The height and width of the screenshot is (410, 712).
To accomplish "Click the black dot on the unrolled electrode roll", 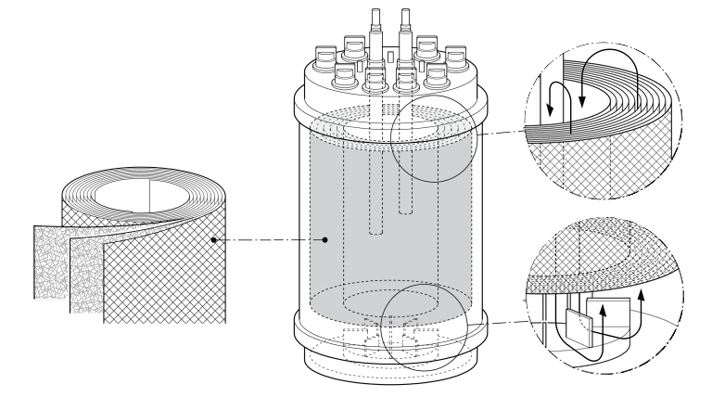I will click(x=213, y=239).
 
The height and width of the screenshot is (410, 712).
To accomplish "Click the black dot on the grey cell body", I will click(x=325, y=239).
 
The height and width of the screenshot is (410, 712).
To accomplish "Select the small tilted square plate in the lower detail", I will click(x=577, y=327).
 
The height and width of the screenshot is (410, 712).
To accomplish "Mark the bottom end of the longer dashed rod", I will click(x=375, y=231).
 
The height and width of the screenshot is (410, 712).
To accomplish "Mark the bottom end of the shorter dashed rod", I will click(x=405, y=211).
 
